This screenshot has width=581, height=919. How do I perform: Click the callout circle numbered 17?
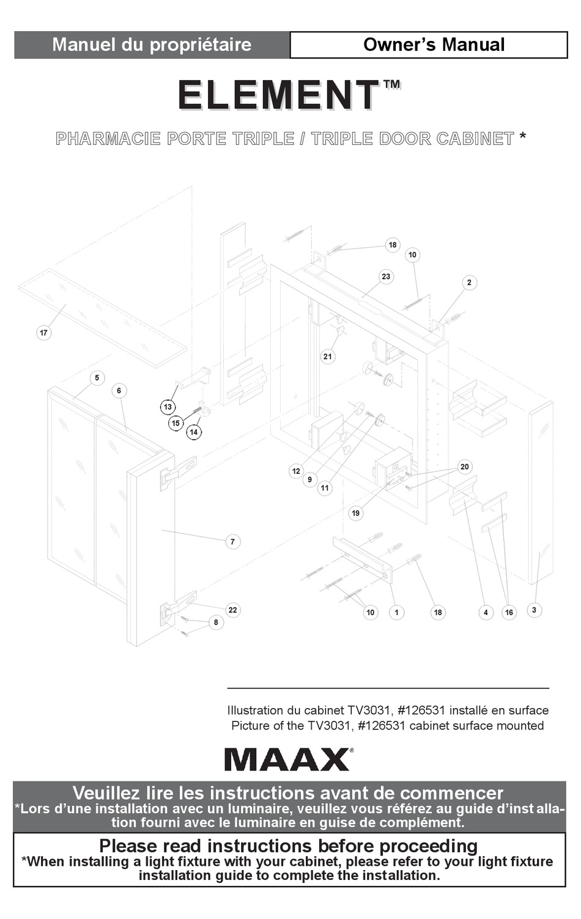click(x=44, y=333)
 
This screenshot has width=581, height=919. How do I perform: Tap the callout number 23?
click(x=386, y=276)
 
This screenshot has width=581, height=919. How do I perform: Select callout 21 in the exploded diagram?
click(x=327, y=356)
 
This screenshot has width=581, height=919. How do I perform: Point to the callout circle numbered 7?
click(x=232, y=542)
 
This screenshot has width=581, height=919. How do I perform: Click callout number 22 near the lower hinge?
click(x=232, y=610)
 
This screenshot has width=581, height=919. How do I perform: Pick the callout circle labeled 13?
click(x=168, y=407)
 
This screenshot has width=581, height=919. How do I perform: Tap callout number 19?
click(x=356, y=513)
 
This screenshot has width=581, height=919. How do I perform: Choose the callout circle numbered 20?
click(x=464, y=467)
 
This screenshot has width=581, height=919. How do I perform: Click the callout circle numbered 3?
click(x=535, y=610)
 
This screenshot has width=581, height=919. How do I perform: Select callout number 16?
click(x=509, y=613)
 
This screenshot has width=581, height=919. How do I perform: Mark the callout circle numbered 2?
click(x=470, y=282)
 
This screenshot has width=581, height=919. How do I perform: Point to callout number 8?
click(x=216, y=622)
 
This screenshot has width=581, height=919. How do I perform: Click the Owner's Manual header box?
click(x=429, y=45)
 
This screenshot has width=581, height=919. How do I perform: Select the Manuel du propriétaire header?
click(x=152, y=45)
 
